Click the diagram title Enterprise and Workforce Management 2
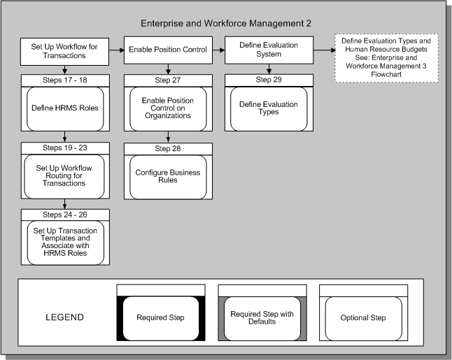(x=225, y=23)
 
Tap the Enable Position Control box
(x=168, y=50)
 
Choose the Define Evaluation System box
(x=269, y=50)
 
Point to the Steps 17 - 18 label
(x=64, y=80)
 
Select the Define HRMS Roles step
(x=64, y=108)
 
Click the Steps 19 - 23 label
(x=64, y=148)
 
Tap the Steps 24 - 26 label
(x=64, y=215)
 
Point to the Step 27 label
(x=168, y=80)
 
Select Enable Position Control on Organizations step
(x=168, y=108)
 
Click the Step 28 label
(x=168, y=148)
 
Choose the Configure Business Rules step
(x=168, y=177)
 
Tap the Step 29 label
(x=269, y=80)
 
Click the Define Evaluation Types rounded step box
(x=269, y=108)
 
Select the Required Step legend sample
(x=161, y=317)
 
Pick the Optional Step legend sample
(x=363, y=317)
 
